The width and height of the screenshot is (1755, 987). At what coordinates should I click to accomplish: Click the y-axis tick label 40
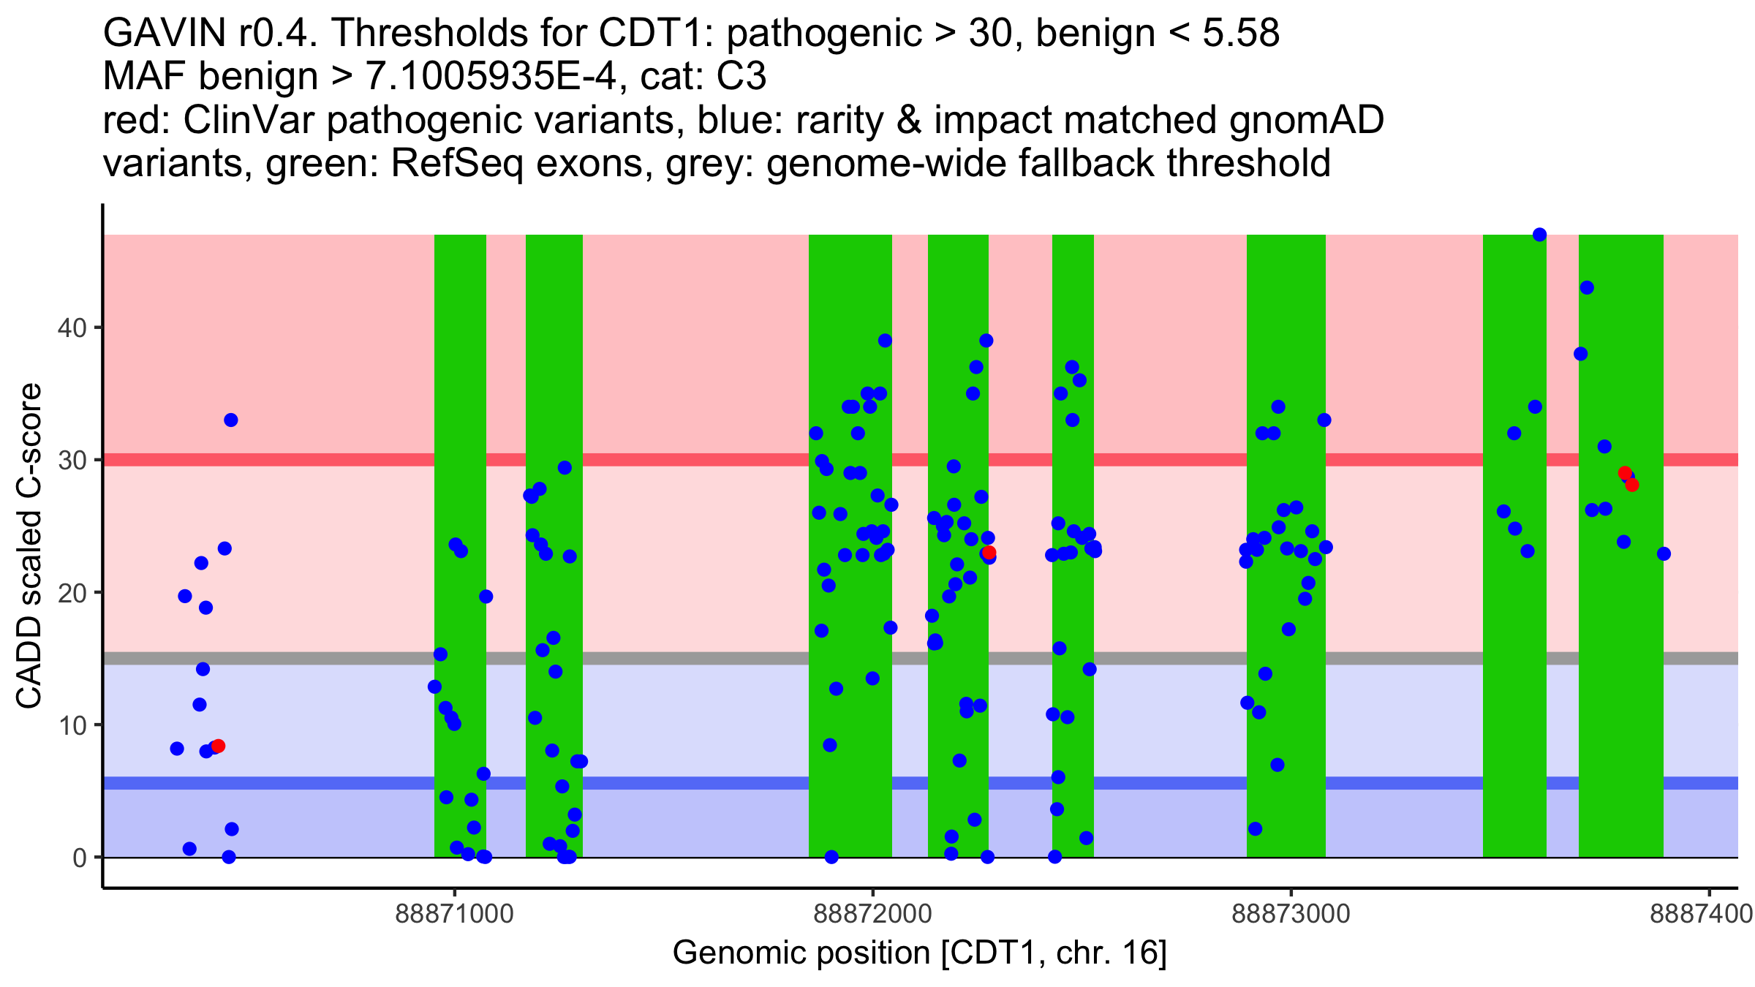pos(71,328)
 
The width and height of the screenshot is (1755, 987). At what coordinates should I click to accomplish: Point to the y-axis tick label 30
pos(71,460)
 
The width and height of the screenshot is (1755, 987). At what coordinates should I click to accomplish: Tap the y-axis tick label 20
pos(71,592)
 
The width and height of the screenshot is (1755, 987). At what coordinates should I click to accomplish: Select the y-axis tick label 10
pos(71,725)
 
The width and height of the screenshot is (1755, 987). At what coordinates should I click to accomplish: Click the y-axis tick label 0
pos(79,858)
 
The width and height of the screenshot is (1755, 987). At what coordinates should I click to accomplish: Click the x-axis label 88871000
pos(454,914)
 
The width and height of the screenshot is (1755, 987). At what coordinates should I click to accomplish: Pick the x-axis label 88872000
pos(872,914)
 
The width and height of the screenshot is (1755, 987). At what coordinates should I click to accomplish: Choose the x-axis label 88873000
pos(1291,914)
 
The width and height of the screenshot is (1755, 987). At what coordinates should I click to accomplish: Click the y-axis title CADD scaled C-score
pos(29,546)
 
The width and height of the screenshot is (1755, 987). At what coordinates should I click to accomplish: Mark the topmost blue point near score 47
pos(1539,235)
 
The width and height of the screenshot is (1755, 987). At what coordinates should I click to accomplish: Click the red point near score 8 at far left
pos(218,746)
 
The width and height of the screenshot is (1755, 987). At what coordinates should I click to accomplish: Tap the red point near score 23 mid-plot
pos(989,553)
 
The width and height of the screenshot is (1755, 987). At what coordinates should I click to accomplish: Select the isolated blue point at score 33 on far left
pos(230,420)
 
